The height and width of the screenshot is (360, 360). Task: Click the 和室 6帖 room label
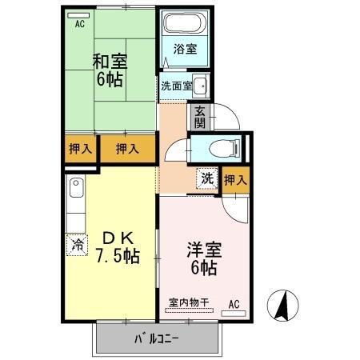pyautogui.click(x=111, y=70)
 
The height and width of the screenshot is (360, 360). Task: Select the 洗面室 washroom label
pyautogui.click(x=175, y=86)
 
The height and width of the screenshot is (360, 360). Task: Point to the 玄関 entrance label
pyautogui.click(x=198, y=117)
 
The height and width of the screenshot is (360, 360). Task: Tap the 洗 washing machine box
pyautogui.click(x=207, y=178)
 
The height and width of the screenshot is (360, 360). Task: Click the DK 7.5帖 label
pyautogui.click(x=118, y=247)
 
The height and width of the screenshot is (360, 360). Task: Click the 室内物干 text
pyautogui.click(x=188, y=302)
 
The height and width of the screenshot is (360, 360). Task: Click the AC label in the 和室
pyautogui.click(x=79, y=24)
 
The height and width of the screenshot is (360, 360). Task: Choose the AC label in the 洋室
pyautogui.click(x=234, y=304)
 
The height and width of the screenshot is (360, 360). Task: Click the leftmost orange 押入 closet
pyautogui.click(x=78, y=149)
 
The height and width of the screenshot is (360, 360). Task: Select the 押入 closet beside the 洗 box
pyautogui.click(x=235, y=179)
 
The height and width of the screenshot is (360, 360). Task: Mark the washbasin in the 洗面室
pyautogui.click(x=201, y=86)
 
